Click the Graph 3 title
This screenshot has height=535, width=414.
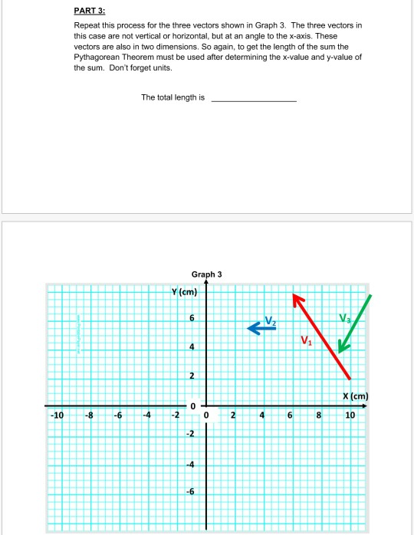pos(206,274)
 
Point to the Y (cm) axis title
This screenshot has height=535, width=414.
pos(186,291)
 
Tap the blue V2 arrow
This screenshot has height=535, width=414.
pos(261,327)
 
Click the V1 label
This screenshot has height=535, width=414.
pos(306,341)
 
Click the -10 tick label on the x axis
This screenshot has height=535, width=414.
pos(56,415)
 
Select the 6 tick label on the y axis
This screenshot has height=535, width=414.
pos(192,318)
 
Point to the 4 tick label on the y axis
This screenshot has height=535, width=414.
pos(192,347)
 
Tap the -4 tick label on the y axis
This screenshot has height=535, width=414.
pos(191,464)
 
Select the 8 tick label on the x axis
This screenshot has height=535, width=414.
pos(320,415)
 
